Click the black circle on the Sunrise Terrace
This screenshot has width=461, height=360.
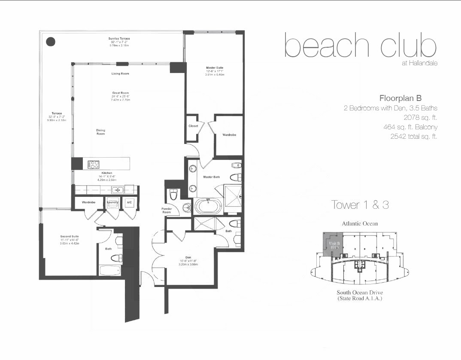[x=51, y=42]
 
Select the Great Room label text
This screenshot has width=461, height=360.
[x=120, y=93]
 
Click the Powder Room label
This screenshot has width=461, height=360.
[x=167, y=210]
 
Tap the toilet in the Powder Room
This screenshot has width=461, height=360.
[x=174, y=195]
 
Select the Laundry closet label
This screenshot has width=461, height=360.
[x=113, y=201]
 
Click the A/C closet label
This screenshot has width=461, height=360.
[x=129, y=201]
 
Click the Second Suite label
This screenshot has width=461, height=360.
[x=69, y=236]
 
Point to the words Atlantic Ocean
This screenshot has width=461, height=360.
[x=360, y=224]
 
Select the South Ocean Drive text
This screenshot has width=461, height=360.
[x=360, y=292]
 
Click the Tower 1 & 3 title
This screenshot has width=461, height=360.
[x=360, y=205]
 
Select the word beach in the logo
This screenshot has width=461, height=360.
[x=326, y=47]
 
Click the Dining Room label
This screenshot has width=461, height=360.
[x=100, y=132]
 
